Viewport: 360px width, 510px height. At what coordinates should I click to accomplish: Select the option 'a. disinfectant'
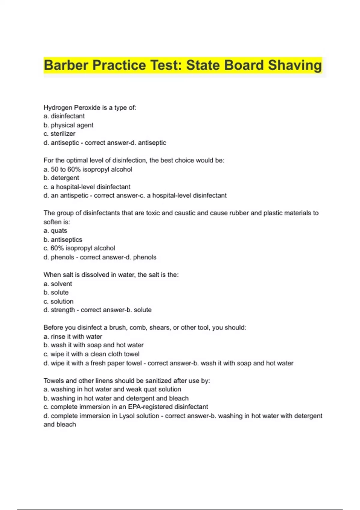64,116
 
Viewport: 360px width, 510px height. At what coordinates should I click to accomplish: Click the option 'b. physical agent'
68,125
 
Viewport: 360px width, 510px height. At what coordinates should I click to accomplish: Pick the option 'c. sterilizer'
59,134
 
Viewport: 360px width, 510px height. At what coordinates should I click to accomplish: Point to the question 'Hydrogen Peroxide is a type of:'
90,107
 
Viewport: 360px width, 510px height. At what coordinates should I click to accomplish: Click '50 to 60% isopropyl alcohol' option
91,169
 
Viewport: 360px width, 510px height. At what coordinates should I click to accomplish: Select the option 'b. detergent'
61,178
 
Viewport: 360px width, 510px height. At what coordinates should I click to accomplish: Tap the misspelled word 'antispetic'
74,196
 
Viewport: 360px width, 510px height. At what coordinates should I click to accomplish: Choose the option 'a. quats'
55,231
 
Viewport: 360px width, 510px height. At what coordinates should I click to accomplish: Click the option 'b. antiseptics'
63,240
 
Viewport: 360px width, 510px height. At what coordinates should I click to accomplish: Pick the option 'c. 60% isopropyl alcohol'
79,248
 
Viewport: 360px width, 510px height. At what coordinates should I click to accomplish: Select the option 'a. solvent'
58,284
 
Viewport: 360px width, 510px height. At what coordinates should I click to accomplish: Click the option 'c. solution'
58,301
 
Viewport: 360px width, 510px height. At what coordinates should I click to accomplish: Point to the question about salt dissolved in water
111,275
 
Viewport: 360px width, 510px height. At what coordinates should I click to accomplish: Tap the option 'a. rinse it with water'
73,337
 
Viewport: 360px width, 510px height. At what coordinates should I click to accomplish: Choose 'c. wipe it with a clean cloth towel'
91,354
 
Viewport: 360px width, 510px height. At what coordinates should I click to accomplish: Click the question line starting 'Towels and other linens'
127,381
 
